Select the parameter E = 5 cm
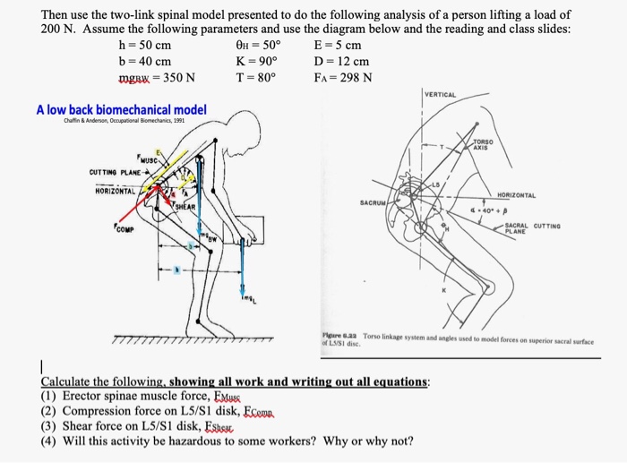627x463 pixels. [x=338, y=46]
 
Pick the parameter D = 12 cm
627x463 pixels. [x=341, y=61]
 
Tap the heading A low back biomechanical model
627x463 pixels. [x=121, y=110]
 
